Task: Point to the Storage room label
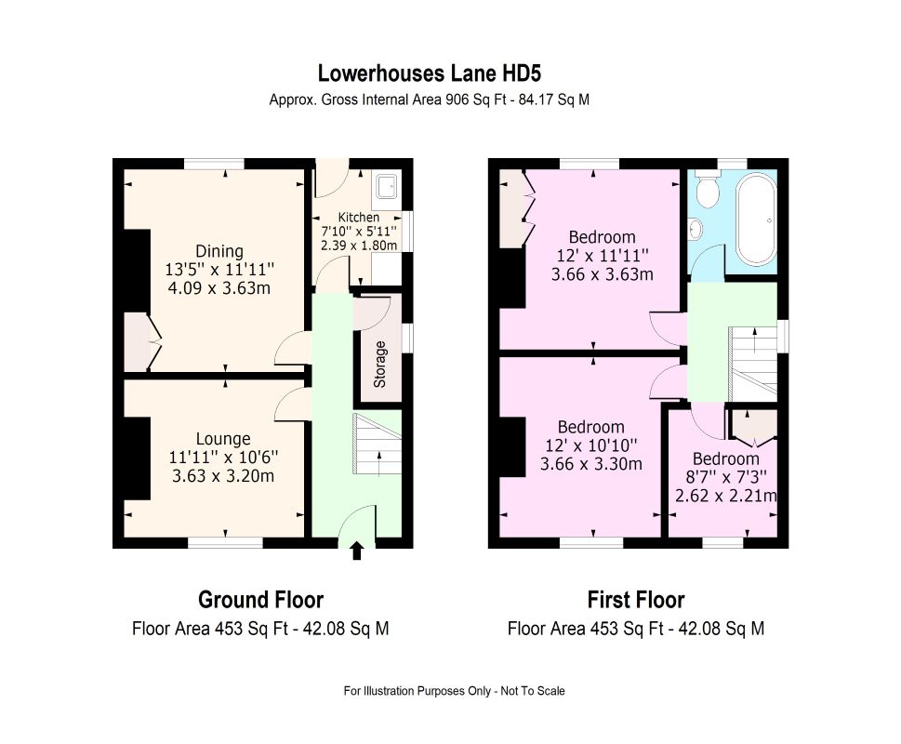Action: [x=379, y=365]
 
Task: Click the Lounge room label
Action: [x=223, y=439]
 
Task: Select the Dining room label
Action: [x=219, y=252]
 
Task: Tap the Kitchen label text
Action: [x=359, y=218]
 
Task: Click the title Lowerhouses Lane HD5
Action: [x=430, y=73]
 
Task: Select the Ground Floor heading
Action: [x=261, y=600]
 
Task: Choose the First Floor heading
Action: [x=635, y=600]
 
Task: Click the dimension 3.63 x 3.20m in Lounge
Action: [x=223, y=476]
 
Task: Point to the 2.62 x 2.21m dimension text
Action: [x=726, y=496]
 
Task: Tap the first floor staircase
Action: [x=753, y=365]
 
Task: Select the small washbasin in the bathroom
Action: [x=696, y=229]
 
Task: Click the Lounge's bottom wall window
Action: [x=226, y=542]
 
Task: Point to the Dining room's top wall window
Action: [x=214, y=164]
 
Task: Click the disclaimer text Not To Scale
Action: [x=533, y=691]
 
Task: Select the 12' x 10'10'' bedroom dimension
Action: [x=590, y=445]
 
